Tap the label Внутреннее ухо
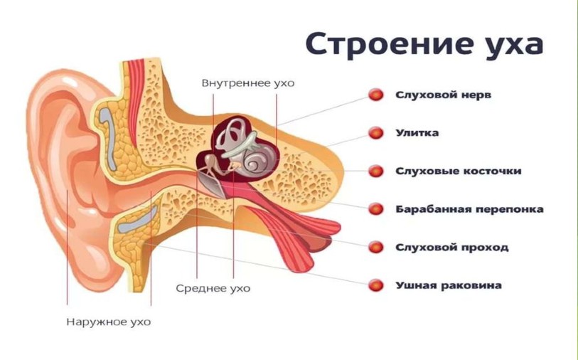(248, 83)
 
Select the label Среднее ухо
(213, 287)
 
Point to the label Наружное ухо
(109, 322)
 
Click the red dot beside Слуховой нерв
(375, 95)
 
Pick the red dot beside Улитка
(375, 133)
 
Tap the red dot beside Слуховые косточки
(375, 171)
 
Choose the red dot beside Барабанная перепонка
(375, 209)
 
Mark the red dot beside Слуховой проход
(375, 247)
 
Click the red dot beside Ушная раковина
(375, 285)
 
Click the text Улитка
(417, 133)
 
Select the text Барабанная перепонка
(470, 209)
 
